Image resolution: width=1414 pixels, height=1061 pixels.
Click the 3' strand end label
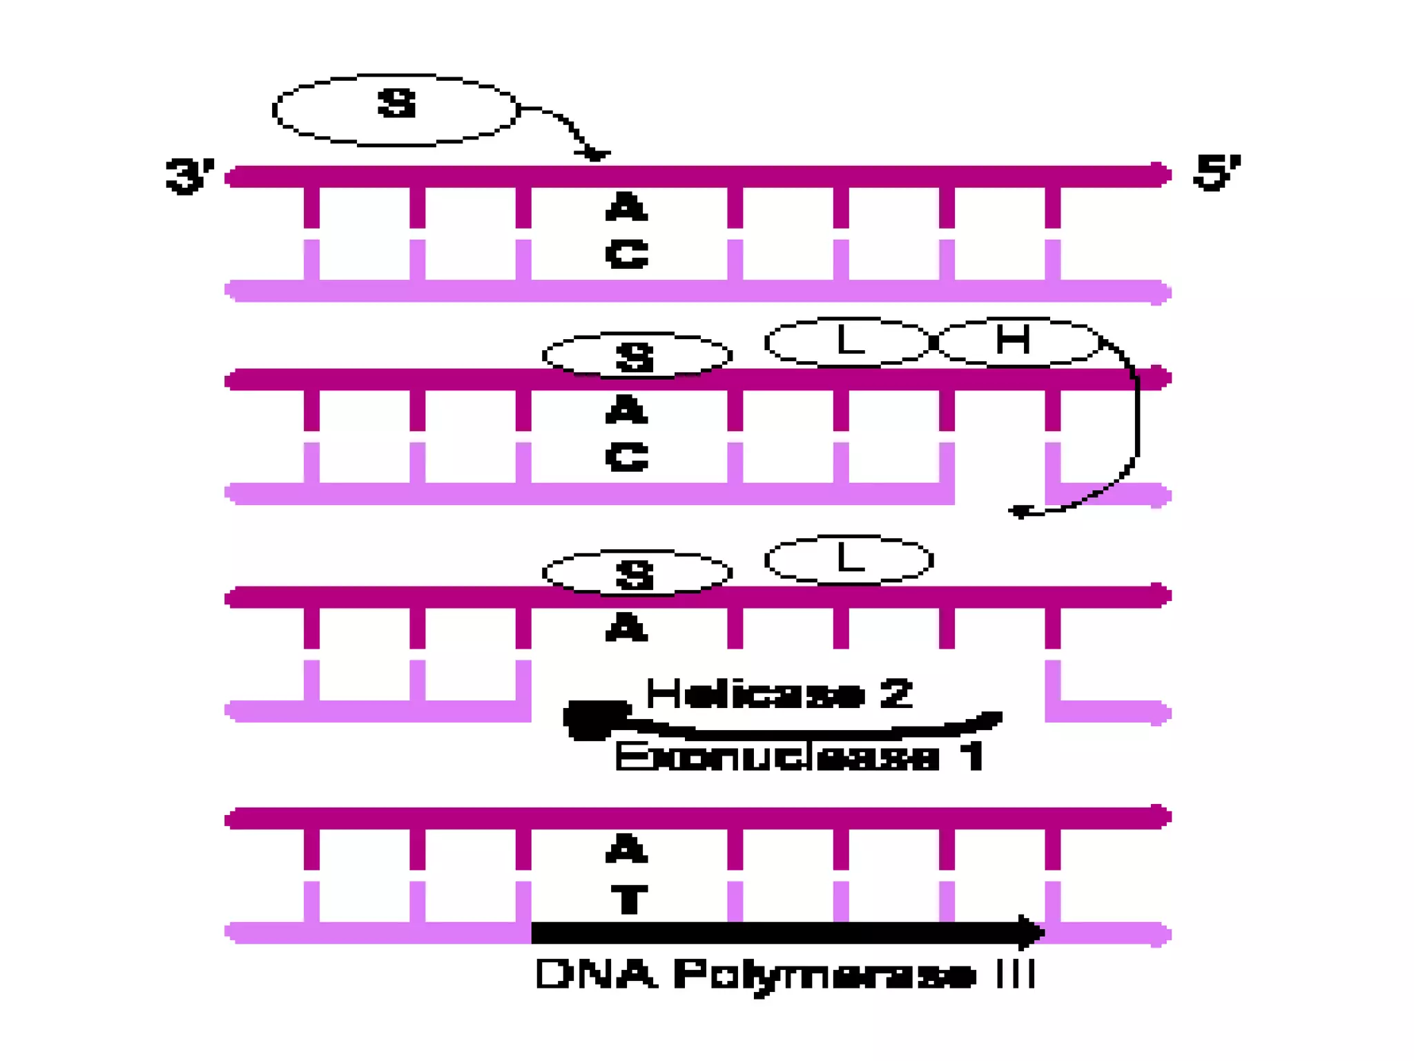(x=189, y=175)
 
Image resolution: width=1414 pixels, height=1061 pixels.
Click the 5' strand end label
(x=1217, y=172)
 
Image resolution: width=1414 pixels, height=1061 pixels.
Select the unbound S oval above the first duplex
(x=396, y=110)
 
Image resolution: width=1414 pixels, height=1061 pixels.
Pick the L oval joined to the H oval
(x=848, y=341)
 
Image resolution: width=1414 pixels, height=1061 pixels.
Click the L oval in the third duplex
(x=849, y=559)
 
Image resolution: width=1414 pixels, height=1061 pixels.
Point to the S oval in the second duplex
(x=636, y=356)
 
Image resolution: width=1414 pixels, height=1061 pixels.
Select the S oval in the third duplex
(x=636, y=573)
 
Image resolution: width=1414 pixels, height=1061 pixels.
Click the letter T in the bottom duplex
(x=629, y=899)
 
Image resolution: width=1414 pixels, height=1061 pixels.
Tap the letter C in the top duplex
(x=627, y=254)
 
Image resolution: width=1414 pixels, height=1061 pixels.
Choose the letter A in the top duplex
(x=627, y=207)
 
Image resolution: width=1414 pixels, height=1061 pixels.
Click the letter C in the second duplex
(x=627, y=457)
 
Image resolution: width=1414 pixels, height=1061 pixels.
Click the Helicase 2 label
(x=779, y=694)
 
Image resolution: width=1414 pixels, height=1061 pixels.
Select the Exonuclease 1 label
(x=800, y=756)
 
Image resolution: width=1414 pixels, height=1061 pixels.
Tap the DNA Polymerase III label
(x=785, y=975)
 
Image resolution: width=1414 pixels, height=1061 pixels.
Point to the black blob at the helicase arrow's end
(x=590, y=719)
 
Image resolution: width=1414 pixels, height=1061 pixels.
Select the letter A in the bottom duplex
(x=627, y=849)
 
